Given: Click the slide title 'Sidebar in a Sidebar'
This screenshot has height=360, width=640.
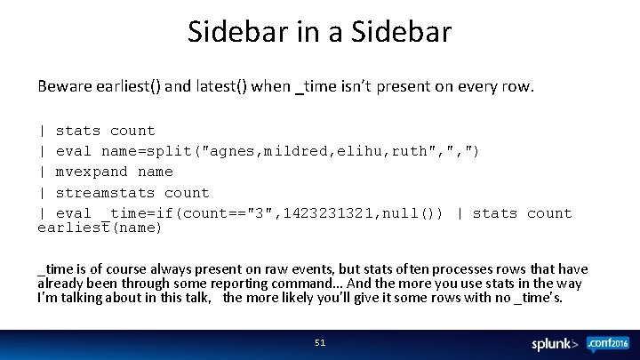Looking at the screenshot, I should point(319,32).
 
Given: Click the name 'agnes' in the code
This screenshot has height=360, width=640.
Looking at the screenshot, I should point(235,151).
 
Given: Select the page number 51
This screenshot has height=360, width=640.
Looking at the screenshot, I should point(320,342).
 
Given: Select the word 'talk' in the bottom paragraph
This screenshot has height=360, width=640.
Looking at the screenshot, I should point(194,298).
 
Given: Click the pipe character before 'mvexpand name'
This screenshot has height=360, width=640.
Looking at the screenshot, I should point(42,172).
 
